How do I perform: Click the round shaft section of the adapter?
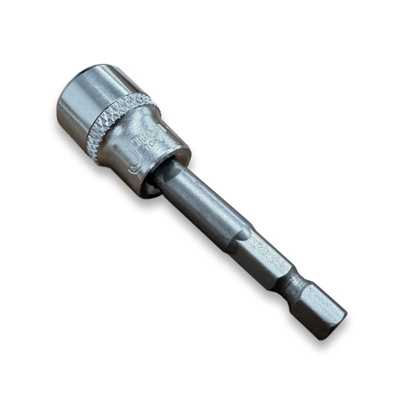pos(202,202)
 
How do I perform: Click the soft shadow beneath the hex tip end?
pos(323,339)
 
